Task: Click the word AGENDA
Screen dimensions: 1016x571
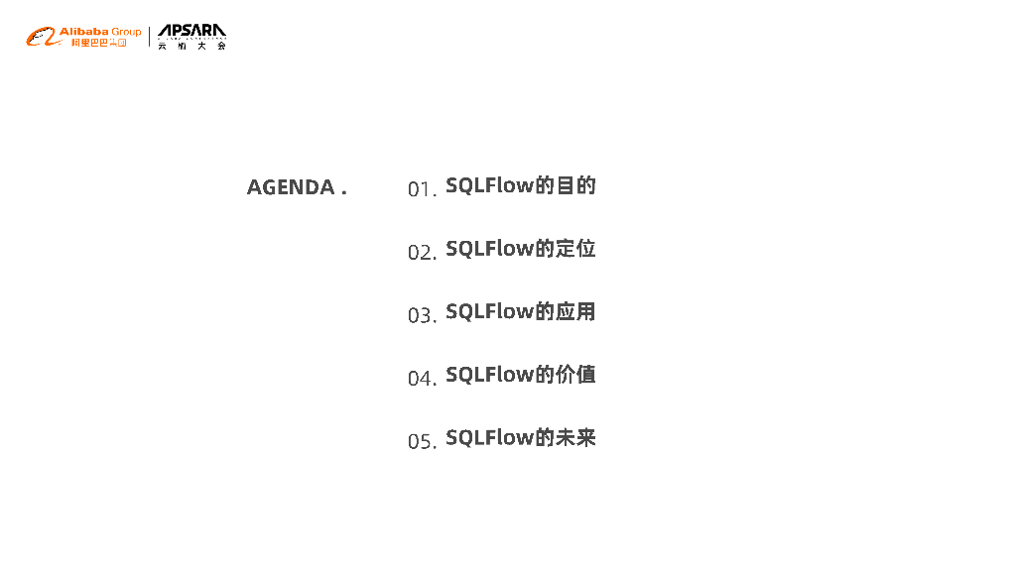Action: pos(291,187)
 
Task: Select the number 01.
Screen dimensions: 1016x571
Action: pos(420,188)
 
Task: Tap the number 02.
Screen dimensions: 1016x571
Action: pos(420,252)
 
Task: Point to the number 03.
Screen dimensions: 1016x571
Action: pos(420,315)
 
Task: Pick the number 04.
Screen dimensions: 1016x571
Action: pos(420,378)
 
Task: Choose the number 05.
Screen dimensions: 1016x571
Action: pos(420,441)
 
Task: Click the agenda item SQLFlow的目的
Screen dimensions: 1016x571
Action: pos(520,185)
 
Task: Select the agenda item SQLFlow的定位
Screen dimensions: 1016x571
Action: pos(520,249)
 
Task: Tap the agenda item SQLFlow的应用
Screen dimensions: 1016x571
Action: pos(520,311)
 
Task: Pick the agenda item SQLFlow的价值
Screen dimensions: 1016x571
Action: pos(520,375)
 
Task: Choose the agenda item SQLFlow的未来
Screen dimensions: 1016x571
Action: pos(520,437)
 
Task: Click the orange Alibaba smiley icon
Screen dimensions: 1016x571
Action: pos(41,38)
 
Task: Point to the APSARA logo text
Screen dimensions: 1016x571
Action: pos(191,32)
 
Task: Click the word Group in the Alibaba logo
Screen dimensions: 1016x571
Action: pos(126,32)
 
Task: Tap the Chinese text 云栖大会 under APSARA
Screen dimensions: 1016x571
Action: pos(191,47)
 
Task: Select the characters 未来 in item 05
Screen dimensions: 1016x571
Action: pos(575,437)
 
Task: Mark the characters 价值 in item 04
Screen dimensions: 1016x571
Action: pos(575,375)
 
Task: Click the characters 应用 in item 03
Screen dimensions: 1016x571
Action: pos(575,311)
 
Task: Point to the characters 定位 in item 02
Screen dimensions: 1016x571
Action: pos(575,249)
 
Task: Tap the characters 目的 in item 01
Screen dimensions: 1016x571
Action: pos(575,185)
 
